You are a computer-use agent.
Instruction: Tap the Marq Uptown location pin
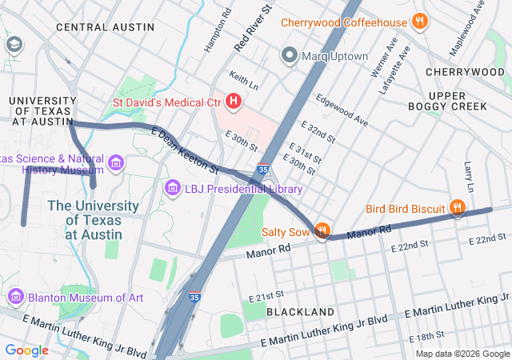click(x=290, y=55)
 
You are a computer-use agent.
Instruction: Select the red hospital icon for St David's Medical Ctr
click(x=234, y=101)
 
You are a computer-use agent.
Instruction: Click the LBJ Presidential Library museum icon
click(x=172, y=189)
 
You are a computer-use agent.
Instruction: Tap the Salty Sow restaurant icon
click(x=322, y=231)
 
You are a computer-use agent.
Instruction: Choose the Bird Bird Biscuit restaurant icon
click(x=457, y=209)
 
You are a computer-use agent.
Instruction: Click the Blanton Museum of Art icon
click(x=15, y=298)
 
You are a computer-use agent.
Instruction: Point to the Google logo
click(x=26, y=350)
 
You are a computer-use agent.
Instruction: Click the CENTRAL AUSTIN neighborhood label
click(x=105, y=27)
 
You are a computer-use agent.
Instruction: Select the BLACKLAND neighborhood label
click(x=300, y=311)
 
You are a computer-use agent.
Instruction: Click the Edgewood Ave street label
click(x=342, y=111)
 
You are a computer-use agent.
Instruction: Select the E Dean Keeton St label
click(x=185, y=152)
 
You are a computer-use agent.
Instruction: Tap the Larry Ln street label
click(x=470, y=177)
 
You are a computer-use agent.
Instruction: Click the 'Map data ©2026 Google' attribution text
click(x=462, y=354)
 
